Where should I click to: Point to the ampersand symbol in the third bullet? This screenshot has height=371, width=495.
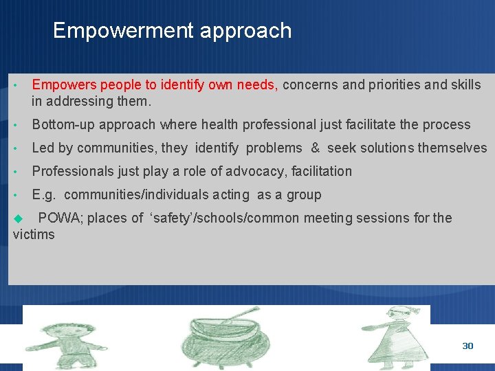coord(315,148)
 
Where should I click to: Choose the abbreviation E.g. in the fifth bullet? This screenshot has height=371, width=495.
coord(44,194)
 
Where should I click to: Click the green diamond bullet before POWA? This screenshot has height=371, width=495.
coord(19,218)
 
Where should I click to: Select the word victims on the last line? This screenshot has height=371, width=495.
coord(34,234)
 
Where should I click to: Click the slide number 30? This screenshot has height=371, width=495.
coord(467,346)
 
